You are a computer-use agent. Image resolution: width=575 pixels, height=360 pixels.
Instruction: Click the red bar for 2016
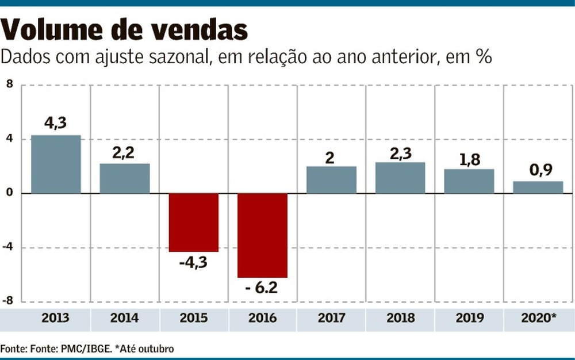(x=262, y=235)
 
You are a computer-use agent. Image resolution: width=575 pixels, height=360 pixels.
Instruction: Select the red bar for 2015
(x=193, y=222)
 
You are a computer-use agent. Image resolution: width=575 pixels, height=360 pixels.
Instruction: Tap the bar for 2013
(x=56, y=164)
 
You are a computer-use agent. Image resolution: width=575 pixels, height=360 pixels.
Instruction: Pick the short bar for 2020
(x=538, y=187)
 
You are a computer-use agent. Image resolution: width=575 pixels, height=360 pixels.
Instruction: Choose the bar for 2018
(x=400, y=178)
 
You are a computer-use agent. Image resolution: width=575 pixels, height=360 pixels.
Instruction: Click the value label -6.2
(x=262, y=288)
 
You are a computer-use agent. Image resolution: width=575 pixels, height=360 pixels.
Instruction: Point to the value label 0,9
(x=538, y=171)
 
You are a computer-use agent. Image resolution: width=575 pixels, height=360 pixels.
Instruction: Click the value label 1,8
(x=469, y=159)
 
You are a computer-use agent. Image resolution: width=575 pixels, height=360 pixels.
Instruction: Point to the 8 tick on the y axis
(x=9, y=85)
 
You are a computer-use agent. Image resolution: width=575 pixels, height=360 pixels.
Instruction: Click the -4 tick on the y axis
(x=7, y=247)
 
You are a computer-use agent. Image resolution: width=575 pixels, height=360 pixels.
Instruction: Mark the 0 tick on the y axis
(x=9, y=193)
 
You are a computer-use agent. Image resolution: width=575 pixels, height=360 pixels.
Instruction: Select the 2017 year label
(x=331, y=318)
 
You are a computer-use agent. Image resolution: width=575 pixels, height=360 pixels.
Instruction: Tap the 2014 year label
(x=125, y=318)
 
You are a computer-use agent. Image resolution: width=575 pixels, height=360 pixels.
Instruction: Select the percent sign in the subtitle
(x=482, y=58)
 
